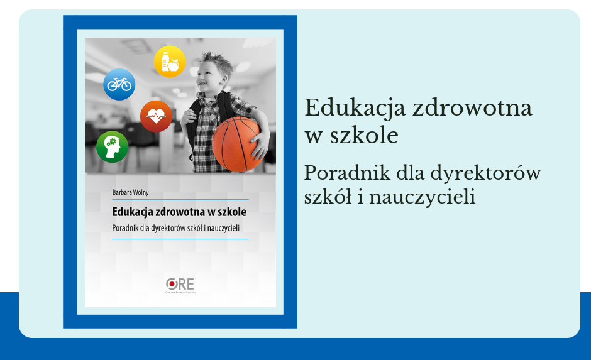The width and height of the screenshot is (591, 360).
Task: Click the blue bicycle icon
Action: click(x=119, y=84)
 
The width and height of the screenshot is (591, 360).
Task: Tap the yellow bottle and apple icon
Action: click(x=170, y=62)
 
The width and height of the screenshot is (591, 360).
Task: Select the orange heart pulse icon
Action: click(x=156, y=116)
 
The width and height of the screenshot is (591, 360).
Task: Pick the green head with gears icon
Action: click(x=113, y=146)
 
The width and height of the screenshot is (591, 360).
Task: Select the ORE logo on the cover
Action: click(x=180, y=285)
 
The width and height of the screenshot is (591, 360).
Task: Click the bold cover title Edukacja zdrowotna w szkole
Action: click(x=179, y=211)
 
